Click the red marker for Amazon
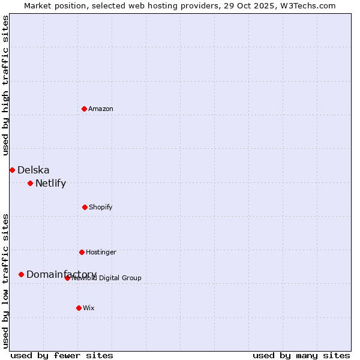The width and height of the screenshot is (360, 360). coord(84,109)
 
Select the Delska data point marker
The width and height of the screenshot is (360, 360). coord(12,170)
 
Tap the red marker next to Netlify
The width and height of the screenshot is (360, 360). coord(30,183)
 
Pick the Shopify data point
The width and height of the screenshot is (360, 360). coord(85,207)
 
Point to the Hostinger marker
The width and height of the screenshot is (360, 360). coord(82,252)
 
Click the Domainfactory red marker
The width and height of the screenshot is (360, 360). coord(21,274)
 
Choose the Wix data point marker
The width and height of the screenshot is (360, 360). coord(79,308)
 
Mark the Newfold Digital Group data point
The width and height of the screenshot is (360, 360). coord(67,278)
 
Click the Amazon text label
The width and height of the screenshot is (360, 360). coord(101,109)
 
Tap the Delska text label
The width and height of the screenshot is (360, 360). coord(34,170)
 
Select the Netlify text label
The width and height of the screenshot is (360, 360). coord(50,184)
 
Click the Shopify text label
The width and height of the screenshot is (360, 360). coord(100,207)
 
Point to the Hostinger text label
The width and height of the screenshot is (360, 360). coord(101,252)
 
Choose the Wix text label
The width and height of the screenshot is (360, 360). coord(89,308)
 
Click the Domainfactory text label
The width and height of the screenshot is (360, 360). coord(61,274)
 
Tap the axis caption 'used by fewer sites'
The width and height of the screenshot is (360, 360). coord(62,355)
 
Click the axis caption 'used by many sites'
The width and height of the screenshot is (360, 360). coord(301,355)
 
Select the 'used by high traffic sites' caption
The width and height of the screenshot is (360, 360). coord(5,85)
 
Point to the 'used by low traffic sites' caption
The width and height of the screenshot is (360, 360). coord(5,281)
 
